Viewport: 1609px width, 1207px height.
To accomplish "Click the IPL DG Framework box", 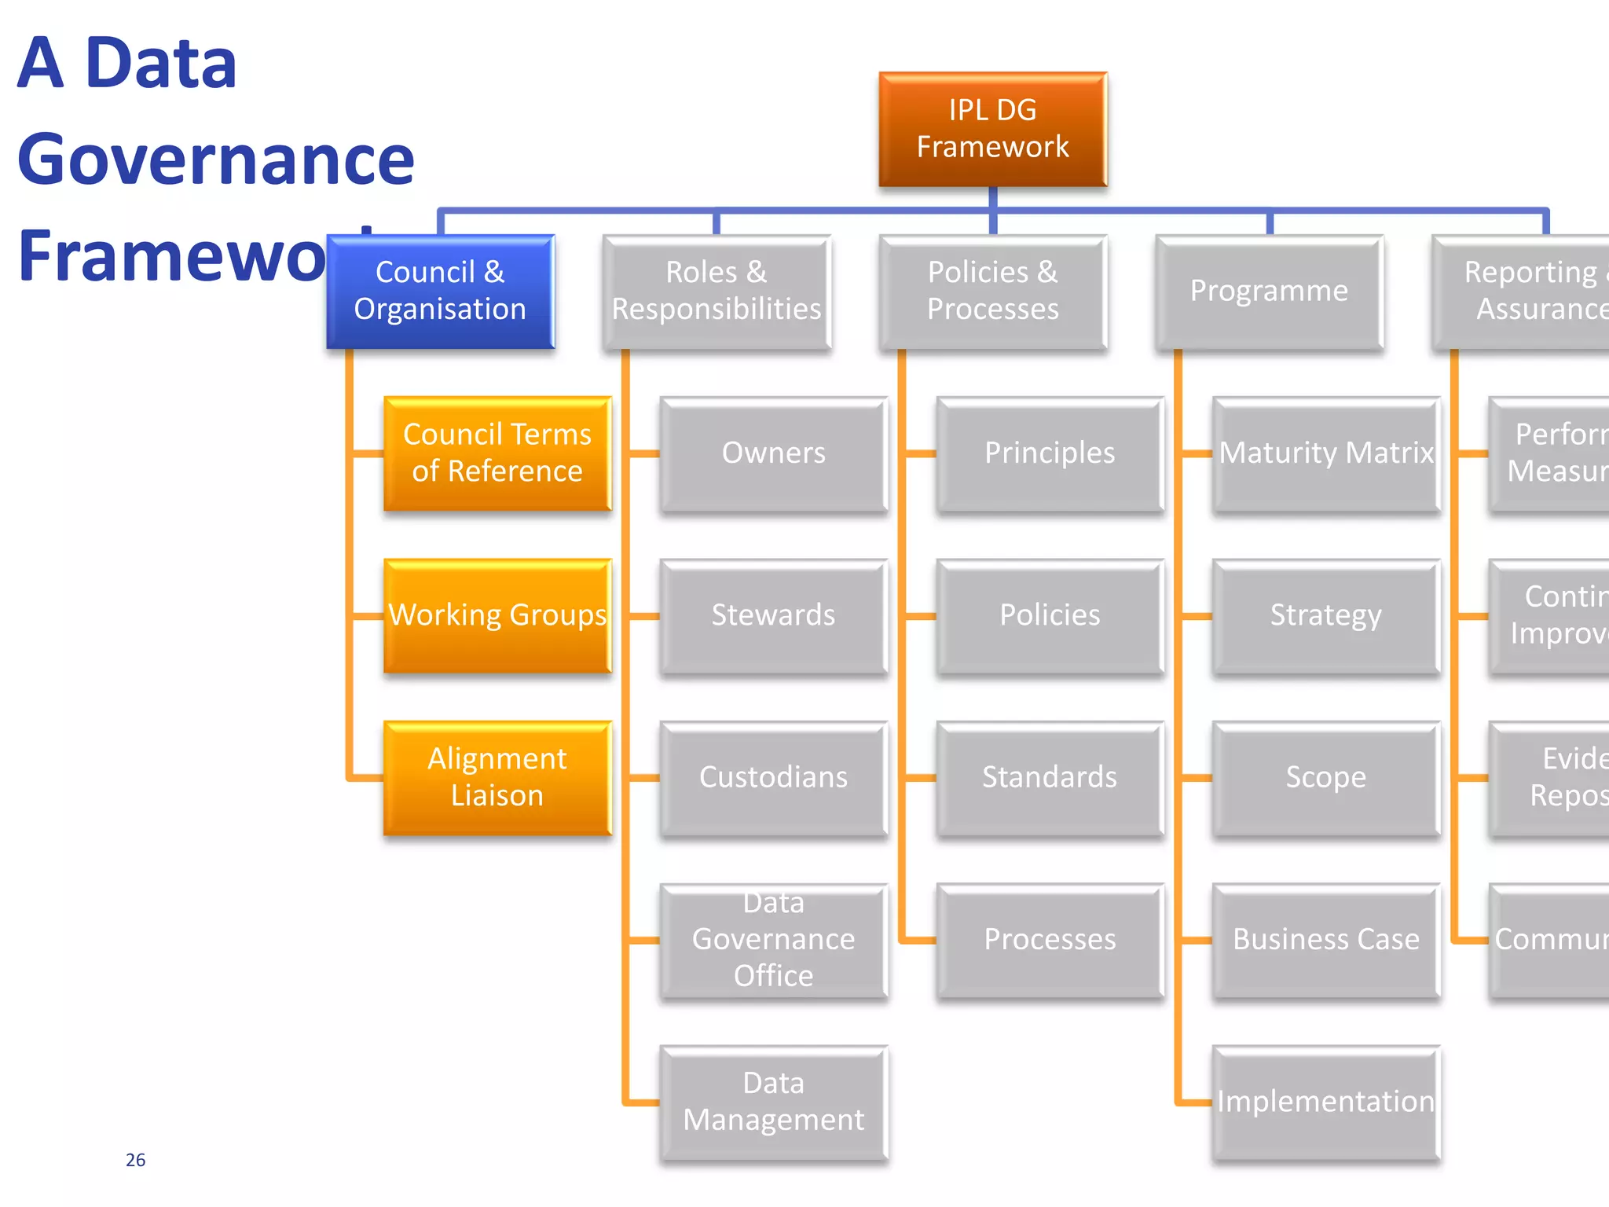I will tap(992, 129).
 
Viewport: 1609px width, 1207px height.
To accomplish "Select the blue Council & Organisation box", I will tap(440, 291).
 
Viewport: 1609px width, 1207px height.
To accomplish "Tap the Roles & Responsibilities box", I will tap(716, 291).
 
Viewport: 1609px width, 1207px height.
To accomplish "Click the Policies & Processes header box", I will tap(992, 291).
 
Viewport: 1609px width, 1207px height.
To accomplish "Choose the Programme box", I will tap(1269, 291).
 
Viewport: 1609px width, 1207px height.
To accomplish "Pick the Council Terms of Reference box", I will tap(497, 453).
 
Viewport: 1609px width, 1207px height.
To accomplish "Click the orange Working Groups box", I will tap(497, 615).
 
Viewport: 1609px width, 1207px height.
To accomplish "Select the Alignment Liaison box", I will tap(497, 777).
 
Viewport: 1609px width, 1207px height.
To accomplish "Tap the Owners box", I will tap(773, 453).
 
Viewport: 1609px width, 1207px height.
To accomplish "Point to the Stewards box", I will tap(773, 615).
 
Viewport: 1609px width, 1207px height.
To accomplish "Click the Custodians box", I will tap(773, 777).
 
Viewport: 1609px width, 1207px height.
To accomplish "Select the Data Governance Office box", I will tap(773, 940).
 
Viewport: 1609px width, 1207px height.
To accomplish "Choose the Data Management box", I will tap(773, 1102).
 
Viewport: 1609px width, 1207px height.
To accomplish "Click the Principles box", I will tap(1050, 453).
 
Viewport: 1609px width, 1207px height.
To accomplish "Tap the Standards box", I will tap(1050, 777).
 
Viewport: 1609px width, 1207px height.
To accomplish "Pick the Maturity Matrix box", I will tap(1326, 453).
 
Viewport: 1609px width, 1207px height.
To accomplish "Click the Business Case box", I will tap(1326, 940).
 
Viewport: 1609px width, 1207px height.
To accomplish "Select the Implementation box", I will tap(1326, 1102).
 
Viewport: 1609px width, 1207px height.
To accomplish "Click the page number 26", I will tap(135, 1160).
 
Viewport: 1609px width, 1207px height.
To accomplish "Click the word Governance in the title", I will tap(215, 160).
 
